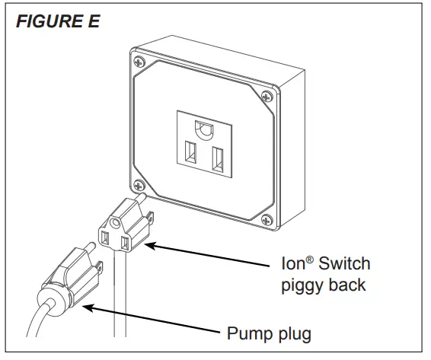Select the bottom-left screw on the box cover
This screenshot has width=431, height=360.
pos(138,183)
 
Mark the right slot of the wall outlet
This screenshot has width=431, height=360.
pos(218,161)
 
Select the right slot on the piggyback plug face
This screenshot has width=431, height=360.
pos(123,244)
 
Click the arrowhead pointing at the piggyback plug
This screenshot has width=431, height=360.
pos(148,244)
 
